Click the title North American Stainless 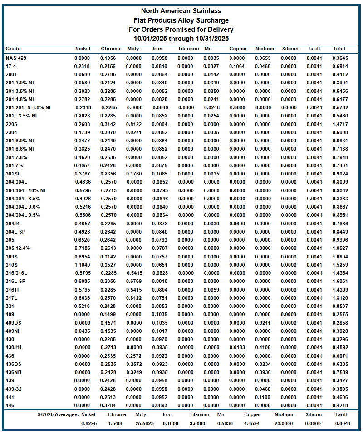pyautogui.click(x=181, y=11)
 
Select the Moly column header pyautogui.click(x=133, y=49)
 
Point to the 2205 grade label pyautogui.click(x=12, y=124)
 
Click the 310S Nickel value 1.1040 pyautogui.click(x=83, y=265)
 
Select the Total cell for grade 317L pyautogui.click(x=340, y=298)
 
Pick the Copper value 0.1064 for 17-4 pyautogui.click(x=237, y=66)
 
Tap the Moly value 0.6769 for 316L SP pyautogui.click(x=134, y=281)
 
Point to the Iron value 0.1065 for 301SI pyautogui.click(x=159, y=174)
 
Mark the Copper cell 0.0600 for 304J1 pyautogui.click(x=237, y=224)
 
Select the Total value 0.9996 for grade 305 pyautogui.click(x=340, y=240)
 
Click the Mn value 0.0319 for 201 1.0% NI pyautogui.click(x=211, y=83)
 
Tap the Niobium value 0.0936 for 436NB pyautogui.click(x=262, y=372)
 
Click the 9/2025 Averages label pyautogui.click(x=58, y=414)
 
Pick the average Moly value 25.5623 pyautogui.click(x=141, y=423)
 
